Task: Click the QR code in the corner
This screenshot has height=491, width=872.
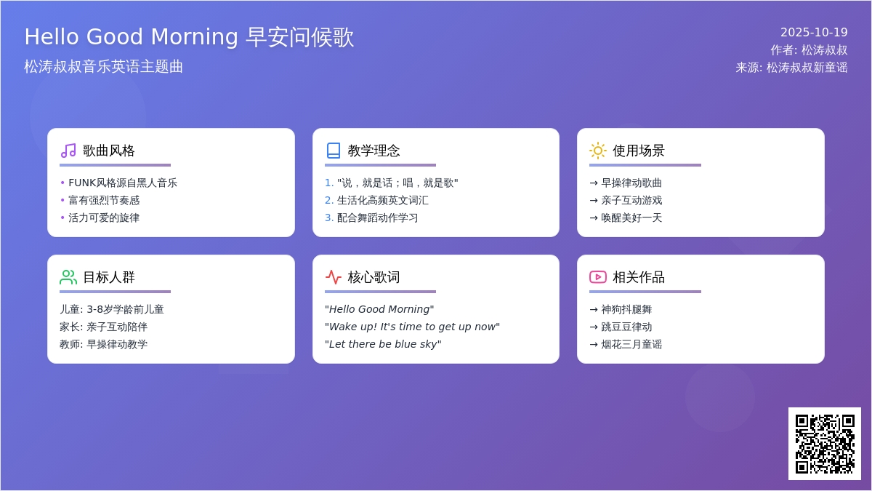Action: tap(825, 444)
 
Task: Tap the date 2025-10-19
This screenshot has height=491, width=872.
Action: tap(814, 32)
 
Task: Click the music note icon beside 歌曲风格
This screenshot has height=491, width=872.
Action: tap(68, 151)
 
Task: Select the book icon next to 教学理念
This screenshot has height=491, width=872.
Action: tap(334, 151)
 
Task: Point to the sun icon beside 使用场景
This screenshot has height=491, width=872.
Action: tap(598, 151)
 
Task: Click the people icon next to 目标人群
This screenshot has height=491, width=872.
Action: tap(68, 277)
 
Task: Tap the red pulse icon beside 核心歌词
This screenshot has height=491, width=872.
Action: tap(334, 277)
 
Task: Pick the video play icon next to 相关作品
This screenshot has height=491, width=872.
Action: tap(598, 277)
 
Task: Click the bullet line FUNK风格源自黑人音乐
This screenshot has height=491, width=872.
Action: tap(123, 183)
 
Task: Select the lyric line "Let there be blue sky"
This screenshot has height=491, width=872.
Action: tap(383, 344)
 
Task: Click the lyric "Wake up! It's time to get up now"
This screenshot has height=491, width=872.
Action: tap(412, 327)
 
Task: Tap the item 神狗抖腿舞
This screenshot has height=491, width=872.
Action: tap(626, 309)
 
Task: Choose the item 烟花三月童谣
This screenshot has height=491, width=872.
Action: tap(631, 344)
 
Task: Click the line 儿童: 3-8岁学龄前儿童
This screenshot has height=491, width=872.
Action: tap(112, 309)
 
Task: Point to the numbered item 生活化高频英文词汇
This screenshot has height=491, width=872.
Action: tap(383, 200)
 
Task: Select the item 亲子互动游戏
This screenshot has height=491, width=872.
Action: tap(631, 200)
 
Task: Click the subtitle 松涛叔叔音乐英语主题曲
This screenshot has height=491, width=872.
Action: tap(103, 67)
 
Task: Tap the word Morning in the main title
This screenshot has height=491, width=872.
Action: tap(194, 36)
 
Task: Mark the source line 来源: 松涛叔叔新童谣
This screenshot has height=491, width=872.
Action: tap(792, 68)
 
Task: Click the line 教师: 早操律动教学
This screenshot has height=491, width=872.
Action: tap(103, 344)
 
